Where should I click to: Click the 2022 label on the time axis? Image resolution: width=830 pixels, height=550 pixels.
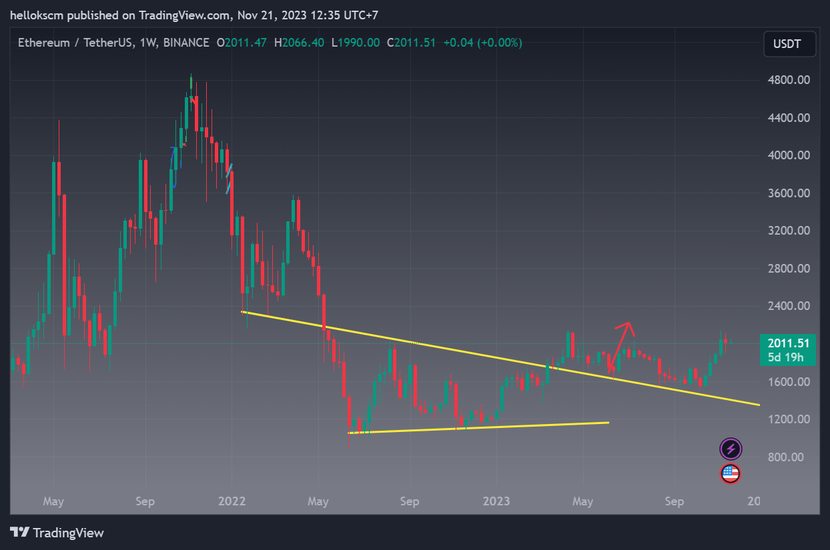click(x=232, y=501)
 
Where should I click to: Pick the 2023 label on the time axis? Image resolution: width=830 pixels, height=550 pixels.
click(x=496, y=501)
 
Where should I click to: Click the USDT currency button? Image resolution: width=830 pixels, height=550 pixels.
click(x=790, y=45)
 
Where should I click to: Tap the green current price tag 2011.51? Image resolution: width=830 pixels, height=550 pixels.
click(x=788, y=343)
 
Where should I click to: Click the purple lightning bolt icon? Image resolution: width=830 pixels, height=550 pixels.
click(x=731, y=449)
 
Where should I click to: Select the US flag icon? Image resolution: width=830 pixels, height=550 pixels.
click(x=731, y=474)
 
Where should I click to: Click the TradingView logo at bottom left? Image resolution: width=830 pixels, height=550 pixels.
click(x=57, y=533)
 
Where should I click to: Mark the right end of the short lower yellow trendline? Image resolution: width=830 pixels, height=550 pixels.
click(x=608, y=422)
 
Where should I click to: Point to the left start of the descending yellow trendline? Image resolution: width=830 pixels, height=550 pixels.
click(x=242, y=311)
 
